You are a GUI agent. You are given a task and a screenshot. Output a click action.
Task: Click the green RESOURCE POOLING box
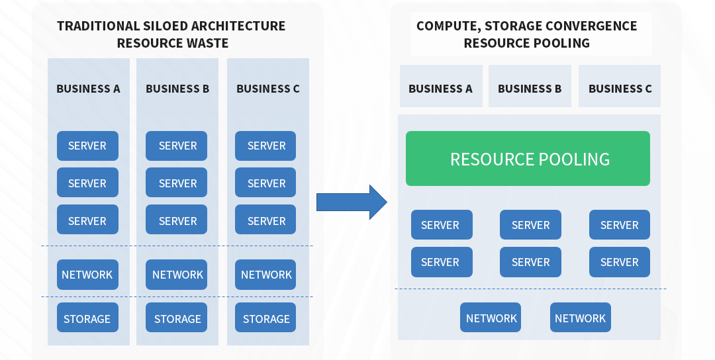click(528, 159)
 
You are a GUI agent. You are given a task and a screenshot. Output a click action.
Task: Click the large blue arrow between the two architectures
click(352, 202)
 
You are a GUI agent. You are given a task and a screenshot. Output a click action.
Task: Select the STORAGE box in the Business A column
click(87, 318)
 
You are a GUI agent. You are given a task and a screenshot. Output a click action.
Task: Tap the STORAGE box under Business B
click(177, 318)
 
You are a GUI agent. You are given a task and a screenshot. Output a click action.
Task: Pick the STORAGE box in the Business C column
click(265, 318)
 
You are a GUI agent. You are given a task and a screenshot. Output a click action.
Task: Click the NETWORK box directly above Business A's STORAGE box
click(87, 275)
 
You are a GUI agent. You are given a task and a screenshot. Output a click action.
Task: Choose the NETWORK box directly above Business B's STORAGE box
click(177, 275)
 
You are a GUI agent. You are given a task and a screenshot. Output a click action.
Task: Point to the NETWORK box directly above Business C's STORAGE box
click(265, 275)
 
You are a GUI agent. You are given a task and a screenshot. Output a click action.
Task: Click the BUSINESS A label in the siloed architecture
click(89, 89)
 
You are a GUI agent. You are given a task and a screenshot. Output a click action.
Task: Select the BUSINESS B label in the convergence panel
click(530, 89)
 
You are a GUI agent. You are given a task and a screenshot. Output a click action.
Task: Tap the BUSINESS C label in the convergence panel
click(620, 89)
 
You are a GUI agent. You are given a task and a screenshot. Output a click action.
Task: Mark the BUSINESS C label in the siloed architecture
click(268, 89)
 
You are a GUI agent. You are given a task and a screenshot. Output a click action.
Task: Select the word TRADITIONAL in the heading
click(98, 26)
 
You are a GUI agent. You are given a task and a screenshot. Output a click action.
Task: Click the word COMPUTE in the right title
click(449, 26)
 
